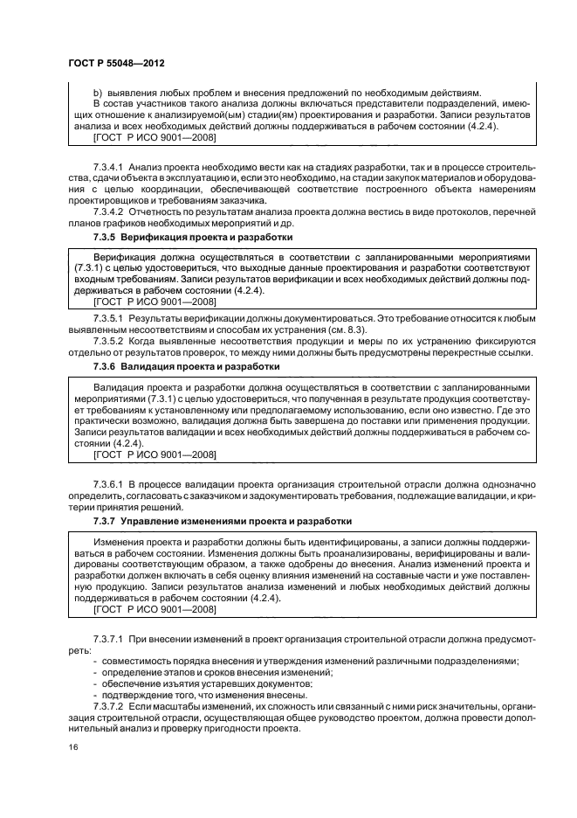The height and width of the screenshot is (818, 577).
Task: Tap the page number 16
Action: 72,748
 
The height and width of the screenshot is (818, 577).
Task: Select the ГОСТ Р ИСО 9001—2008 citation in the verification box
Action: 155,301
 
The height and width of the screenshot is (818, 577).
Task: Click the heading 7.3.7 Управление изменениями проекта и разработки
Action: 222,521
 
